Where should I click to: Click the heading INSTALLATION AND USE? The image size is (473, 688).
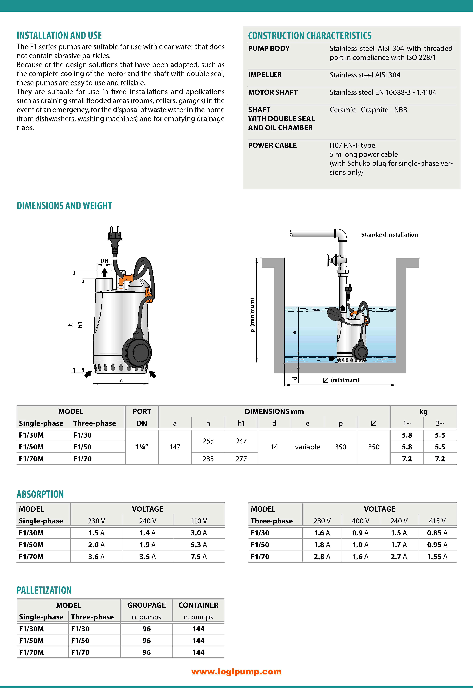click(x=59, y=36)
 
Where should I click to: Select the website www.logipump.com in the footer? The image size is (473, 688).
click(x=236, y=672)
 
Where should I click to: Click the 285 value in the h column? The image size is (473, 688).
click(x=208, y=459)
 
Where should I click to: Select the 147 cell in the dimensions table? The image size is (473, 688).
click(x=175, y=447)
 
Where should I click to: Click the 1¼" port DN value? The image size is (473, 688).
click(x=142, y=447)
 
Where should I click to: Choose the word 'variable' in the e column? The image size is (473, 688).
click(x=307, y=447)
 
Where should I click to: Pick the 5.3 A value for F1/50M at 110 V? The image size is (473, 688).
click(x=199, y=545)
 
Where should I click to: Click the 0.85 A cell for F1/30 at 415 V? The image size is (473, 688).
click(x=437, y=533)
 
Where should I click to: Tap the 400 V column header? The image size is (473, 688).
click(x=360, y=521)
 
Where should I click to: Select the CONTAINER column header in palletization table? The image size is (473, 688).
click(x=198, y=605)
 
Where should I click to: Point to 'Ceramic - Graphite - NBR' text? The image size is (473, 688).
click(x=368, y=110)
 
